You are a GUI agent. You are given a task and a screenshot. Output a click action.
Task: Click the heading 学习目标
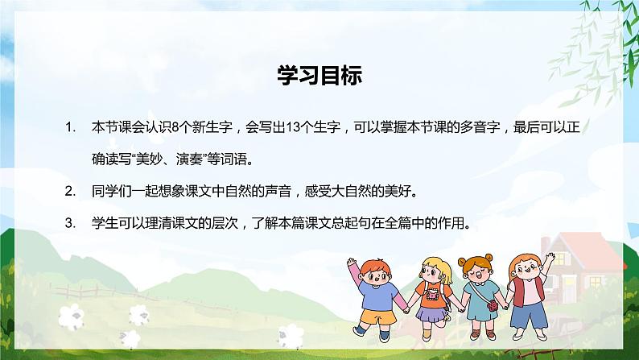319,77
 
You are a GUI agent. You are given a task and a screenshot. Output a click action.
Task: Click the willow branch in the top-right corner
596,40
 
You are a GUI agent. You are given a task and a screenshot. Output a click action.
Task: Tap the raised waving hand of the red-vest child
550,256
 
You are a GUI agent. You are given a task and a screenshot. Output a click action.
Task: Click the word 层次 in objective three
208,224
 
